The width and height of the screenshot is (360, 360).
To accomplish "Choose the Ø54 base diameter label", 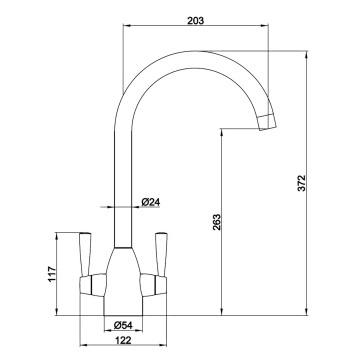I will (124, 325).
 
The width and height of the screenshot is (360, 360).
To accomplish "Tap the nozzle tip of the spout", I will (268, 122).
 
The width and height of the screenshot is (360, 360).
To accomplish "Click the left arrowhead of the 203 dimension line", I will (124, 28).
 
